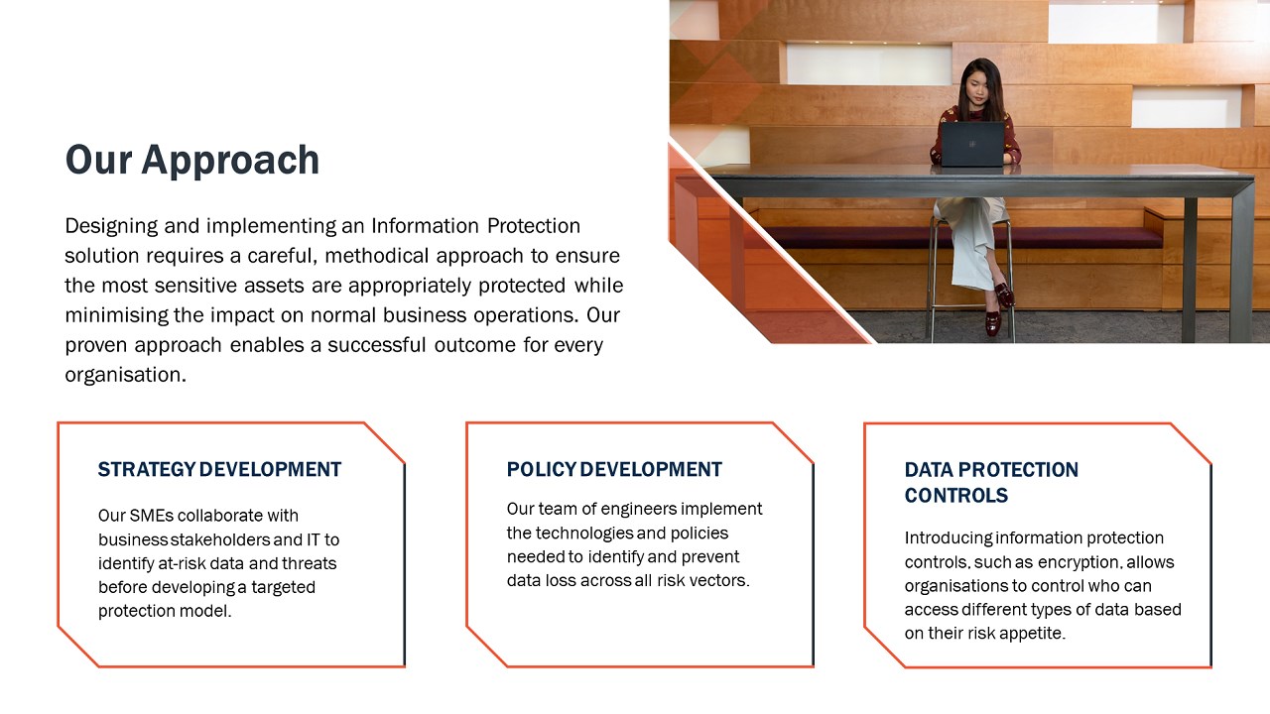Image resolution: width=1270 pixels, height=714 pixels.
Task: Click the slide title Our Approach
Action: (x=192, y=160)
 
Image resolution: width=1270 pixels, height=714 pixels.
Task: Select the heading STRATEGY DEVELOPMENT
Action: (x=219, y=470)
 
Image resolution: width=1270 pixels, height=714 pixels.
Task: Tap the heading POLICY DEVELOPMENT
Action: (x=614, y=470)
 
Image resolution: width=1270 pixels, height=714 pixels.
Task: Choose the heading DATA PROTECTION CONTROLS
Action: (x=991, y=482)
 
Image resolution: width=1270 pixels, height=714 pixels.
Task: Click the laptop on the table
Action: (x=972, y=145)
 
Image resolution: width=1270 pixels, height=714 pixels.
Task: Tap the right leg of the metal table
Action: (x=1189, y=268)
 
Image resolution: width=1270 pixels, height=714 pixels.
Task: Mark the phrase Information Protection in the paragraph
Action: (x=475, y=226)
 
